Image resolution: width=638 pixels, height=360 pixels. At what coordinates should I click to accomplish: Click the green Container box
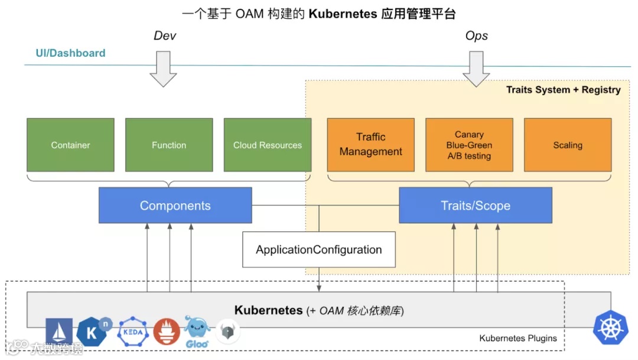70,145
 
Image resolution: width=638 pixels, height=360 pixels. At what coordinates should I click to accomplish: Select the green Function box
169,145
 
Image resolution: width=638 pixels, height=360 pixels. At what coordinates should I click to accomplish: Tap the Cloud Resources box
267,145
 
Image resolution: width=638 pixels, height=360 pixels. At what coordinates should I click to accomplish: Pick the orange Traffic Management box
370,145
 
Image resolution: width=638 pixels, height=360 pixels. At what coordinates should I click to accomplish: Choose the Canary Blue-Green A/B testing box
469,145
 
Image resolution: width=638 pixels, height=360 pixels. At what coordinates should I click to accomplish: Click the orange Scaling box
568,145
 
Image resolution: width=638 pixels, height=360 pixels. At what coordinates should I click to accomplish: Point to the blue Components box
175,206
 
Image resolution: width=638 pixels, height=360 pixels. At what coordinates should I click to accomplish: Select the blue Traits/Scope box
476,206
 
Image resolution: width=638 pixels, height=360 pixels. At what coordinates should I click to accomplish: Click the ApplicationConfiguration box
318,249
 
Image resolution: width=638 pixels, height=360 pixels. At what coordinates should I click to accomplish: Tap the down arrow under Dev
163,68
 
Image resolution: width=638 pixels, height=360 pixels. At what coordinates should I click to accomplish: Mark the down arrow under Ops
476,68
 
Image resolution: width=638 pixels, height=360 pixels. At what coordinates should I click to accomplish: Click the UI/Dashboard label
70,53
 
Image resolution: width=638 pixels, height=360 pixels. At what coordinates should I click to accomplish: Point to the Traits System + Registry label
563,90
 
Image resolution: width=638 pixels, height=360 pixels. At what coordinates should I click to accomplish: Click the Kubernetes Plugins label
518,339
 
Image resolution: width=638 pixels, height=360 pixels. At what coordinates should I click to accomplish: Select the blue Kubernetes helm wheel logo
611,327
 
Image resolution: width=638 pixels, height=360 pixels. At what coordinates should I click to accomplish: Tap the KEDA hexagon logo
134,331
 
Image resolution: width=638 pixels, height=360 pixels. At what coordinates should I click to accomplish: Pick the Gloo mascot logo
197,332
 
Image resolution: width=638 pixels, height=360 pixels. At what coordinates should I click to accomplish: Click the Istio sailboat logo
59,332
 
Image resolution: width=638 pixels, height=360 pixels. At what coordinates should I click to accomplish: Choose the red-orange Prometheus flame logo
167,332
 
